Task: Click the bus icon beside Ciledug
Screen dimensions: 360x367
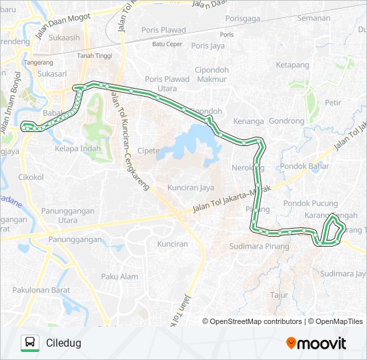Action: [30, 343]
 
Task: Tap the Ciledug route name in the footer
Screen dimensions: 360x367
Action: [63, 343]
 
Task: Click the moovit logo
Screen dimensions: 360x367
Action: [316, 343]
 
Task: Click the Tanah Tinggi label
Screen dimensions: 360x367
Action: [93, 55]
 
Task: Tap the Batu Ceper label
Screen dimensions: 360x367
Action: [167, 44]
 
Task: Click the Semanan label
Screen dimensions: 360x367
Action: [315, 18]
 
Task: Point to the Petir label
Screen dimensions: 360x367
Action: [333, 103]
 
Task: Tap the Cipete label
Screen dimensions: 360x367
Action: [148, 151]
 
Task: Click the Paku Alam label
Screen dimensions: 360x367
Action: [119, 277]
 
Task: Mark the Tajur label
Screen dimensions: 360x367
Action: [278, 294]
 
